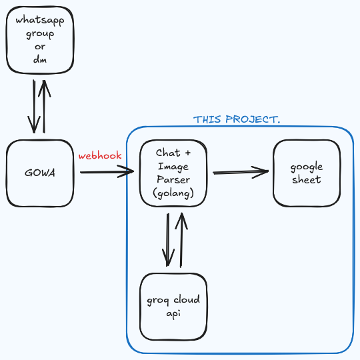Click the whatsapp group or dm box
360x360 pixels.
tap(40, 40)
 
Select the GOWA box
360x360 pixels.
tap(40, 173)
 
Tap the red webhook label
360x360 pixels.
tap(100, 156)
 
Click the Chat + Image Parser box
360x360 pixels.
tap(173, 173)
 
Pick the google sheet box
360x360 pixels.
tap(307, 173)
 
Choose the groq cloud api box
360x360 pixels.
tap(173, 307)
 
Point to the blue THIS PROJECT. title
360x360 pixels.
tap(237, 119)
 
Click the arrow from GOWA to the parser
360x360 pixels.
tap(107, 173)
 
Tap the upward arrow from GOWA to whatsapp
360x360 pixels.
tap(45, 107)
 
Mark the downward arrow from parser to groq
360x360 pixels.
tap(167, 240)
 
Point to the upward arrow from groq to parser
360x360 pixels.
tap(180, 240)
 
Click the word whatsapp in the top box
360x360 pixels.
tap(40, 20)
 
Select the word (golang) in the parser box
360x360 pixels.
tap(173, 193)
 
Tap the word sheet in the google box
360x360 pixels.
tap(307, 180)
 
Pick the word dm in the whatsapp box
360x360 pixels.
tap(40, 59)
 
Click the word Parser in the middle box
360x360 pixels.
tap(173, 179)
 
